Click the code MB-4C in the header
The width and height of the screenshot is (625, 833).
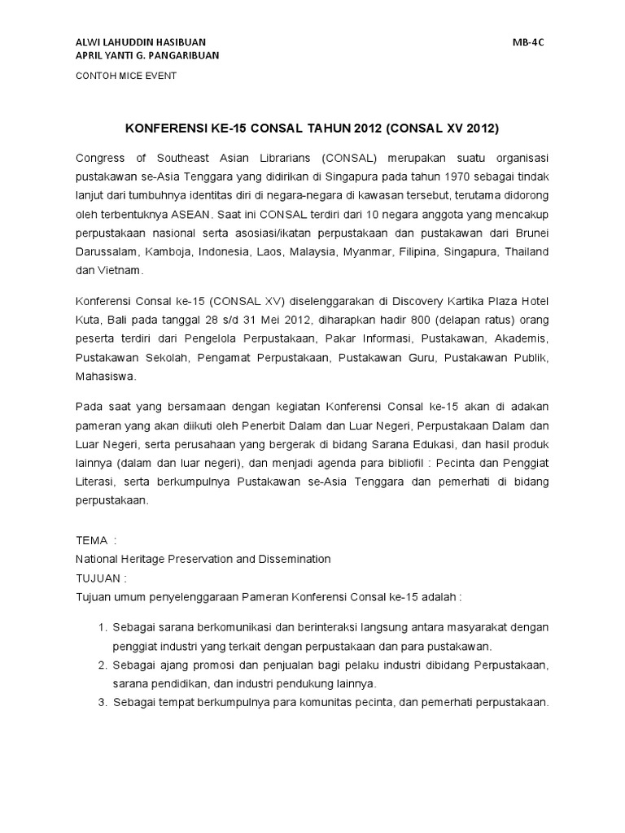point(528,41)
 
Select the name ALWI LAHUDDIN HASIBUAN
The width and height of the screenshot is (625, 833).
point(141,41)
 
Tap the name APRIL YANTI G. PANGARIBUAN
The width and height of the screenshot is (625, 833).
point(146,55)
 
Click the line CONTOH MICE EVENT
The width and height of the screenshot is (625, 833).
point(126,76)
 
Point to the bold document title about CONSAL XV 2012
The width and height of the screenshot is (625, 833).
point(312,129)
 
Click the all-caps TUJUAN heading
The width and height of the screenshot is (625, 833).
point(97,578)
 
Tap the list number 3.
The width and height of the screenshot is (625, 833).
point(103,702)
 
